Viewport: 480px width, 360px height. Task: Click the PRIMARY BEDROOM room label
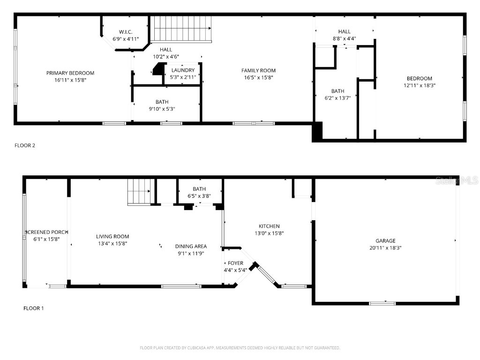(70, 73)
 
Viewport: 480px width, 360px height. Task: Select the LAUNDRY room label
(183, 70)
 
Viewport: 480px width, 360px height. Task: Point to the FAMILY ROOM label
(258, 71)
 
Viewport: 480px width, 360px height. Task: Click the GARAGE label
(385, 241)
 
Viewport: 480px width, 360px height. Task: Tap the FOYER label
(235, 263)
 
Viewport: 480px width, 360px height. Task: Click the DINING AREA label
(191, 247)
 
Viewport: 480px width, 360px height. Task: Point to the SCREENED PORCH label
(47, 232)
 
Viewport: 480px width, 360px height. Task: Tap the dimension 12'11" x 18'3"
(420, 85)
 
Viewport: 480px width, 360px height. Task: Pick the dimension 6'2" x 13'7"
(337, 98)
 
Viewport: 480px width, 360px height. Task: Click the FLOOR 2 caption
(25, 145)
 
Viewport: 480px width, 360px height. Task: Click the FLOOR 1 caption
(33, 308)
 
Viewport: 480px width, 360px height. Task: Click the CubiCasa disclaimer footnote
(240, 348)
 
